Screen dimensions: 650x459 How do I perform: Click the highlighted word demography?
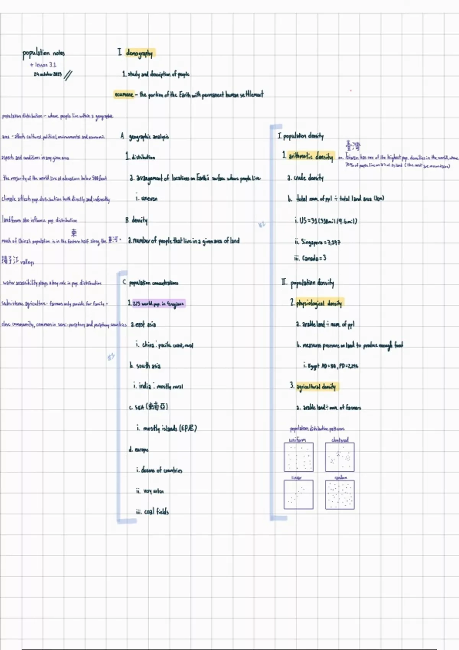140,53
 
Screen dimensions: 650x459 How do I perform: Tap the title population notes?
44,53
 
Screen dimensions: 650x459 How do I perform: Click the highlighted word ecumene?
124,94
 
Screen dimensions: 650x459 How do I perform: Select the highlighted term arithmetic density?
311,156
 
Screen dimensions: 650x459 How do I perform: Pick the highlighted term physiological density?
320,303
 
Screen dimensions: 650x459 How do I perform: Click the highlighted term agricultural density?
316,386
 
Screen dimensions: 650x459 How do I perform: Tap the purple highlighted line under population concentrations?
158,304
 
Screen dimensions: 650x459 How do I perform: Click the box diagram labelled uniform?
298,457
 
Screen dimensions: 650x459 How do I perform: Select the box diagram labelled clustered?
340,457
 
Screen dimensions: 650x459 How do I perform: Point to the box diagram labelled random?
340,495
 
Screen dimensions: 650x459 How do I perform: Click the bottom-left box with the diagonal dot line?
298,495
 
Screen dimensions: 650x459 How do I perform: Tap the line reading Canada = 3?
310,258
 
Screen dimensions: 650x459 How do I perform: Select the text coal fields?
153,512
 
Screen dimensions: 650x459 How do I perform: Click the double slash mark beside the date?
68,75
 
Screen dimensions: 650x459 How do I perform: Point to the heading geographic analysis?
149,136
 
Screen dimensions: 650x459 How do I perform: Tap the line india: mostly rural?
158,386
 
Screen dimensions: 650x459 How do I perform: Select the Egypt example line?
331,366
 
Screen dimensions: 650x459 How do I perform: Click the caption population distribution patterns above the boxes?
317,429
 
